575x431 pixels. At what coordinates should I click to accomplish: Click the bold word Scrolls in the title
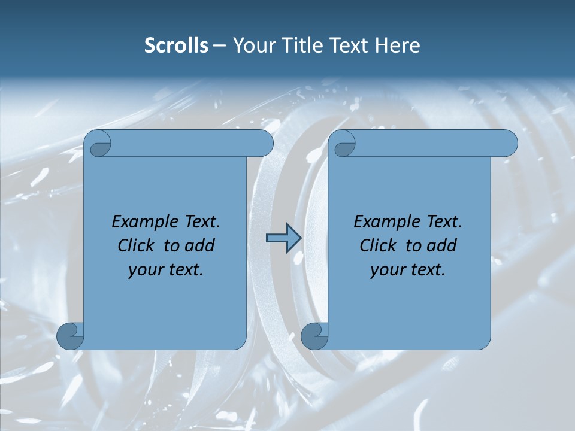point(176,45)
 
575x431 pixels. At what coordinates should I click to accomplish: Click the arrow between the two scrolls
point(283,238)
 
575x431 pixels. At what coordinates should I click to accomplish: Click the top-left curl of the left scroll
point(99,144)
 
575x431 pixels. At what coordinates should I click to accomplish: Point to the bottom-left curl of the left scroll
point(71,336)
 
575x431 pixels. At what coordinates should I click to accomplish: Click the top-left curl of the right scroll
point(344,144)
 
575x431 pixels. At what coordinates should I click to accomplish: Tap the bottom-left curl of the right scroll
point(314,336)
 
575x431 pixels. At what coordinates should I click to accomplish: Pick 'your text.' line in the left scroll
point(166,270)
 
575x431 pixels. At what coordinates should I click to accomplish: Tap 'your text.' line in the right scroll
point(408,270)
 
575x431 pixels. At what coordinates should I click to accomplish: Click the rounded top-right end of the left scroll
point(264,144)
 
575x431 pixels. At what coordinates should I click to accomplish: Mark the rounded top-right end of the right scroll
point(508,144)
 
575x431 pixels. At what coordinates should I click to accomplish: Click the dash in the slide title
point(219,45)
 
